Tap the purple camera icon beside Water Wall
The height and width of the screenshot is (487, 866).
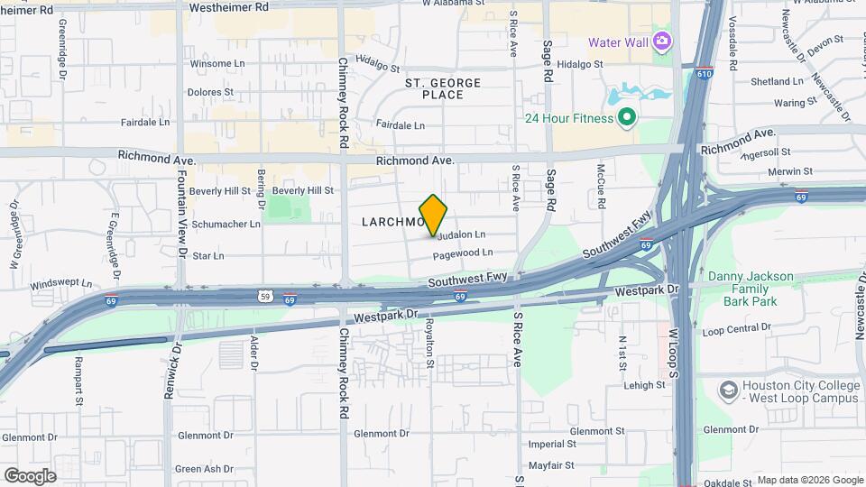[662, 41]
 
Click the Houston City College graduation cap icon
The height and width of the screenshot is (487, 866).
[728, 391]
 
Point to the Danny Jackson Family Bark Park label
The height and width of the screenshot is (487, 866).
[751, 289]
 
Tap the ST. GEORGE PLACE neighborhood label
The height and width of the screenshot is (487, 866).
[442, 88]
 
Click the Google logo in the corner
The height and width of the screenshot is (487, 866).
[30, 475]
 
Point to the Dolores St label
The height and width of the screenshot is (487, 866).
[210, 92]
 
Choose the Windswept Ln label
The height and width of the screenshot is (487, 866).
[61, 283]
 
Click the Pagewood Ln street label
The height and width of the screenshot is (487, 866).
[462, 254]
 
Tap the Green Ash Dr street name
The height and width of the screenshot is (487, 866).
[204, 469]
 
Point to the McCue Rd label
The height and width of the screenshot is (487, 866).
[599, 184]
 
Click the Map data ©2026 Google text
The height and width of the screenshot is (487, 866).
[808, 480]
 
